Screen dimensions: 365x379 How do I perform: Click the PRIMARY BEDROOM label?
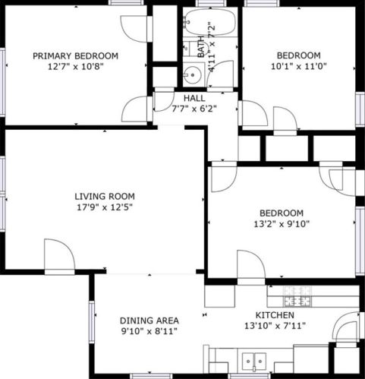coord(75,55)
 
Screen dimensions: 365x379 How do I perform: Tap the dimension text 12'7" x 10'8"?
coord(76,67)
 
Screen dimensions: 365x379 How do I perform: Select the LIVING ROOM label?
coord(105,196)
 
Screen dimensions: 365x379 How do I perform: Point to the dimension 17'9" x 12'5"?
coord(105,207)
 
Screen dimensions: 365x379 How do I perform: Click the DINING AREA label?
coord(149,321)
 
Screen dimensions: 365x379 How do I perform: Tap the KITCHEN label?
coord(275,315)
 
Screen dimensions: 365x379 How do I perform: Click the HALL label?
coord(194,98)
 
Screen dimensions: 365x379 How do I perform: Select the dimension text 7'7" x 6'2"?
coord(194,109)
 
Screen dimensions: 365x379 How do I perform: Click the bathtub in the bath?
coord(210,22)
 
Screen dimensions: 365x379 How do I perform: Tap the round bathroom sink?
coord(193,75)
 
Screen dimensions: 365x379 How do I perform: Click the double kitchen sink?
coord(254,362)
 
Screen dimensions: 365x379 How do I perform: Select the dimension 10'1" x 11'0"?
coord(299,66)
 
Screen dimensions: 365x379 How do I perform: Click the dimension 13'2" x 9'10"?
coord(282,224)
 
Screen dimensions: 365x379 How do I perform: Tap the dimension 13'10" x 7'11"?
coord(275,326)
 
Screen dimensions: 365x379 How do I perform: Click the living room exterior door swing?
coord(59,254)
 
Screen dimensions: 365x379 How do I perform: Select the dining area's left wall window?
coord(92,322)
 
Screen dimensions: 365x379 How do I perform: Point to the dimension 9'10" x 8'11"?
coord(149,331)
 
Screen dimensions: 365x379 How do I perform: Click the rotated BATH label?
coord(201,47)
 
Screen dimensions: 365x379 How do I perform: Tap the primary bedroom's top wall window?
coord(126,2)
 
